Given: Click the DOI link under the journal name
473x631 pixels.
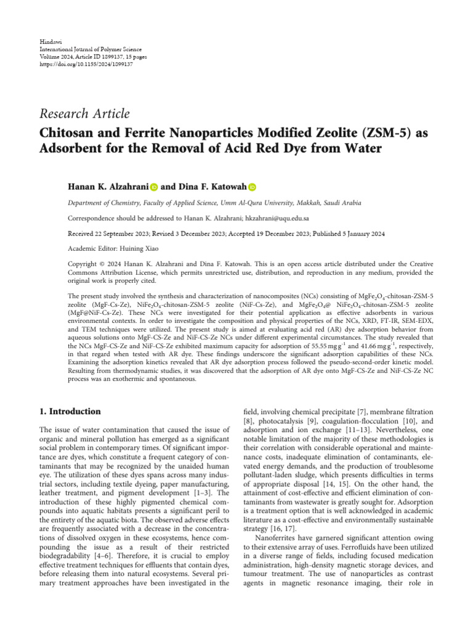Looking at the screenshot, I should coord(79,63).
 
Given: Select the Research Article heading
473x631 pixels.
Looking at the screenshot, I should coord(84,113).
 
